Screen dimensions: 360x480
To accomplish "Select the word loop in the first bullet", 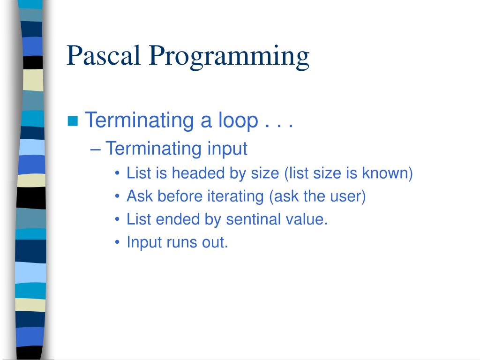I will (x=238, y=121).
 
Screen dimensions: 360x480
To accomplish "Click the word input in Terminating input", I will (x=227, y=150).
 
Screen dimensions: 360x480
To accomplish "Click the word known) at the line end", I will (x=387, y=173).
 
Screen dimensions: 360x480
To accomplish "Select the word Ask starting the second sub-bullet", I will (x=140, y=196).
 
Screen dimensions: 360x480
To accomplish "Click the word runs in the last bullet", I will (x=180, y=242).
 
